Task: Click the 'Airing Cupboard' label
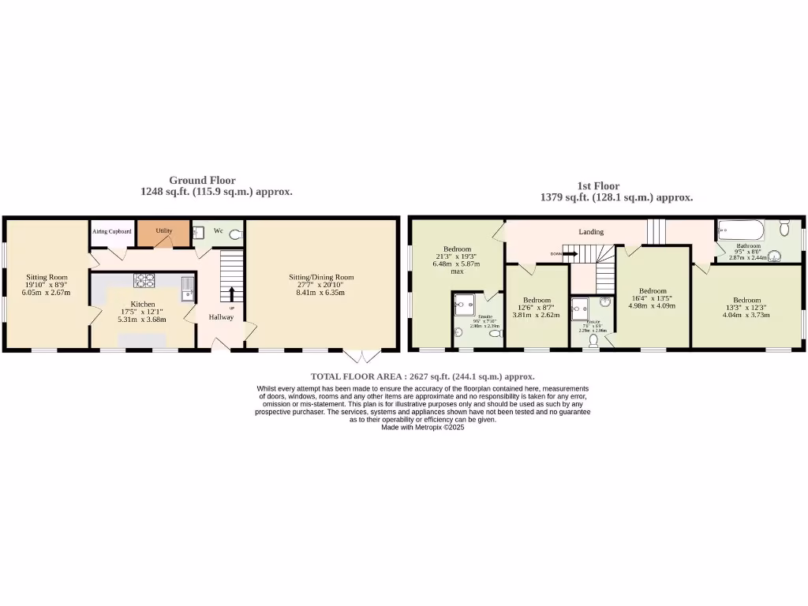(112, 231)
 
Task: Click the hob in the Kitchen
(144, 279)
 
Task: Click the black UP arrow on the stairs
(232, 294)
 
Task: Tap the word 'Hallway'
(221, 317)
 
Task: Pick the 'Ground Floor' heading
(202, 181)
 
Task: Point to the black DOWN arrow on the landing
(571, 254)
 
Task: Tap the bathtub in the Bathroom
(740, 231)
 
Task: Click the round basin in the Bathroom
(776, 254)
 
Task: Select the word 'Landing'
(591, 232)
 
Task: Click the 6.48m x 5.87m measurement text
(456, 264)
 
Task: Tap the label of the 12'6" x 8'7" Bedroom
(537, 300)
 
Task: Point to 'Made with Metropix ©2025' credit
(423, 427)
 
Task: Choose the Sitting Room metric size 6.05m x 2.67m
(47, 293)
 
